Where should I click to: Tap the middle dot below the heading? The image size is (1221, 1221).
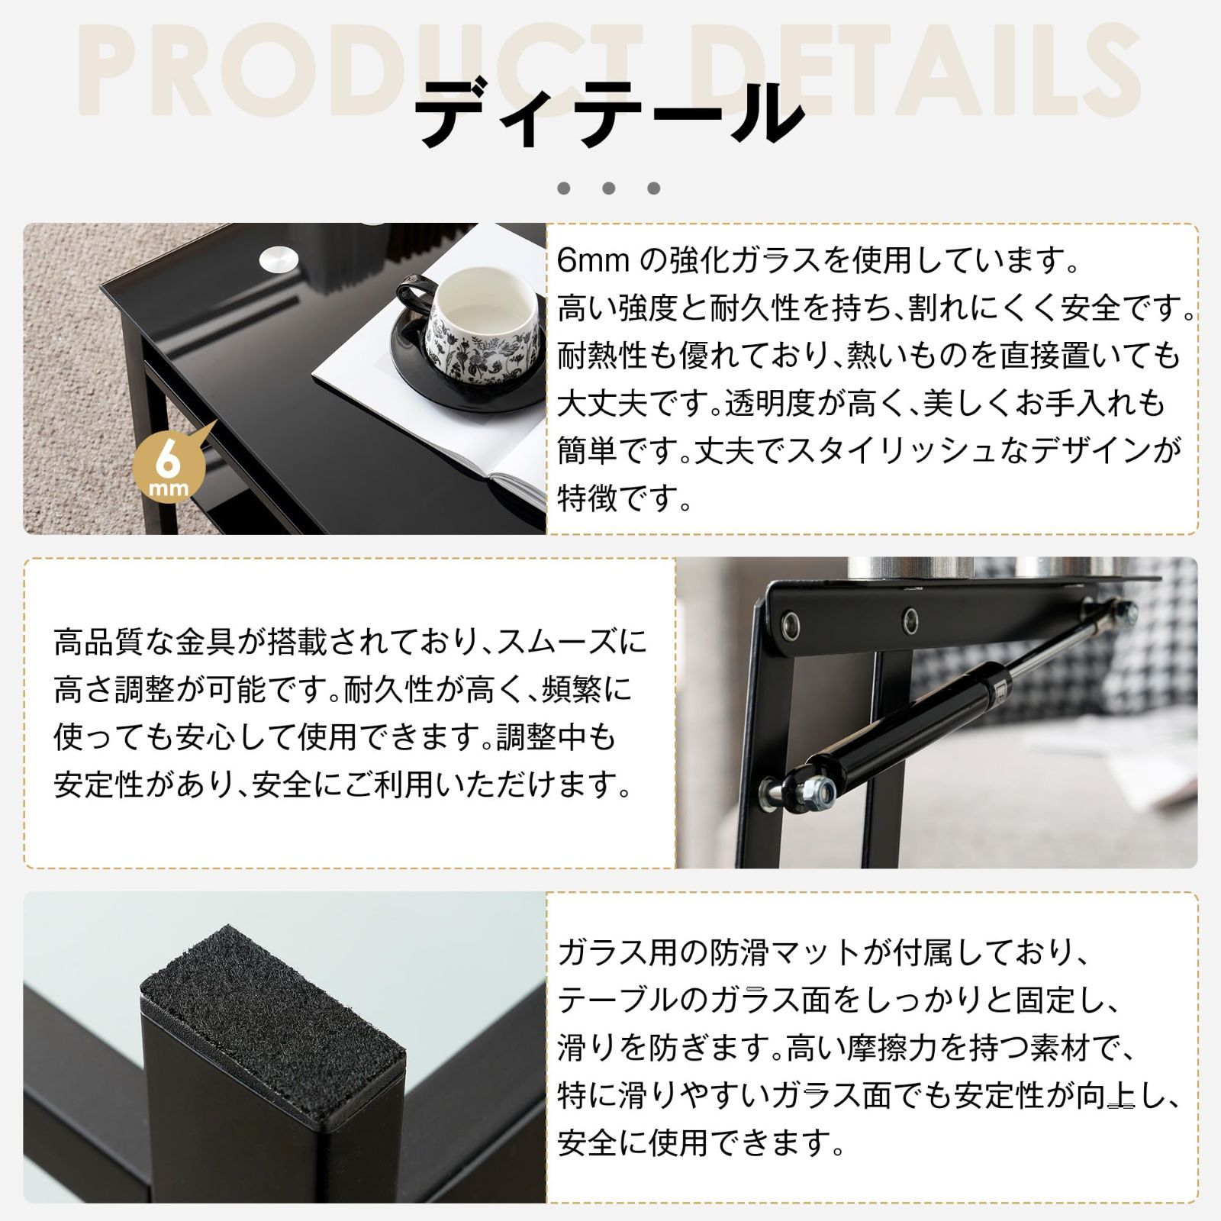point(608,188)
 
